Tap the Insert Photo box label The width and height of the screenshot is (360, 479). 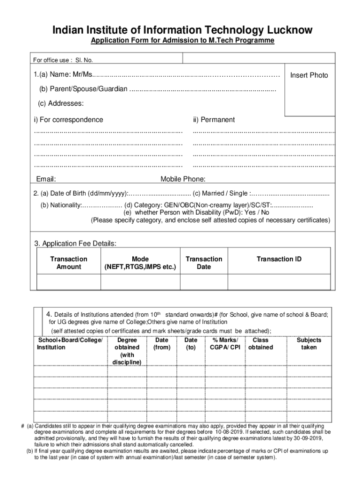point(309,75)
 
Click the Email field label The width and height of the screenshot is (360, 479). point(46,179)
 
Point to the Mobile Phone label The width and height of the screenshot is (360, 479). point(183,179)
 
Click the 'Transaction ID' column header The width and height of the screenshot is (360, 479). point(279,259)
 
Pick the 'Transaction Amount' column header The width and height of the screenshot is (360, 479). point(69,263)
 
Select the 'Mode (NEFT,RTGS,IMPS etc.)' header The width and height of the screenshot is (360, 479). point(140,263)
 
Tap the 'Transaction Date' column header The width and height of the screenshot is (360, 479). point(204,263)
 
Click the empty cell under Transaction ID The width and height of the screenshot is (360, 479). point(279,282)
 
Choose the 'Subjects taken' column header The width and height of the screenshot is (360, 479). point(309,344)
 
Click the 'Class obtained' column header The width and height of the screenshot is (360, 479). point(260,344)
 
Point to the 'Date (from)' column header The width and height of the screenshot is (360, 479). point(162,344)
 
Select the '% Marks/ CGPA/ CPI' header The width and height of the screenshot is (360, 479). point(225,344)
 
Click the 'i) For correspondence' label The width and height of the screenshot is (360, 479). point(68,120)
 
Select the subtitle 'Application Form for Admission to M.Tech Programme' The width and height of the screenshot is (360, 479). point(182,41)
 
